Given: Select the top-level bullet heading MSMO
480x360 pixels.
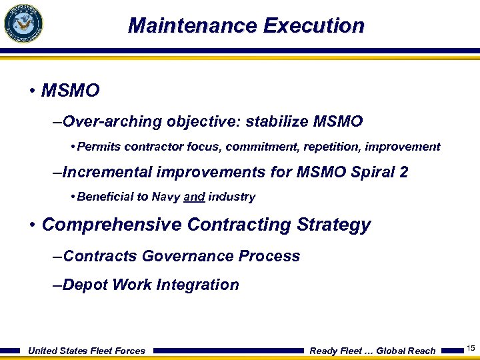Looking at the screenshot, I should click(70, 90).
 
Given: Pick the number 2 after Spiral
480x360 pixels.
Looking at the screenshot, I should click(403, 173).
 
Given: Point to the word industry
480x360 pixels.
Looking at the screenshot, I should click(231, 197).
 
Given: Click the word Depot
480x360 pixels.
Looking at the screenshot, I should click(85, 285).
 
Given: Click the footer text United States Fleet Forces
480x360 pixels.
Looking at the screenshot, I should click(86, 351).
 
